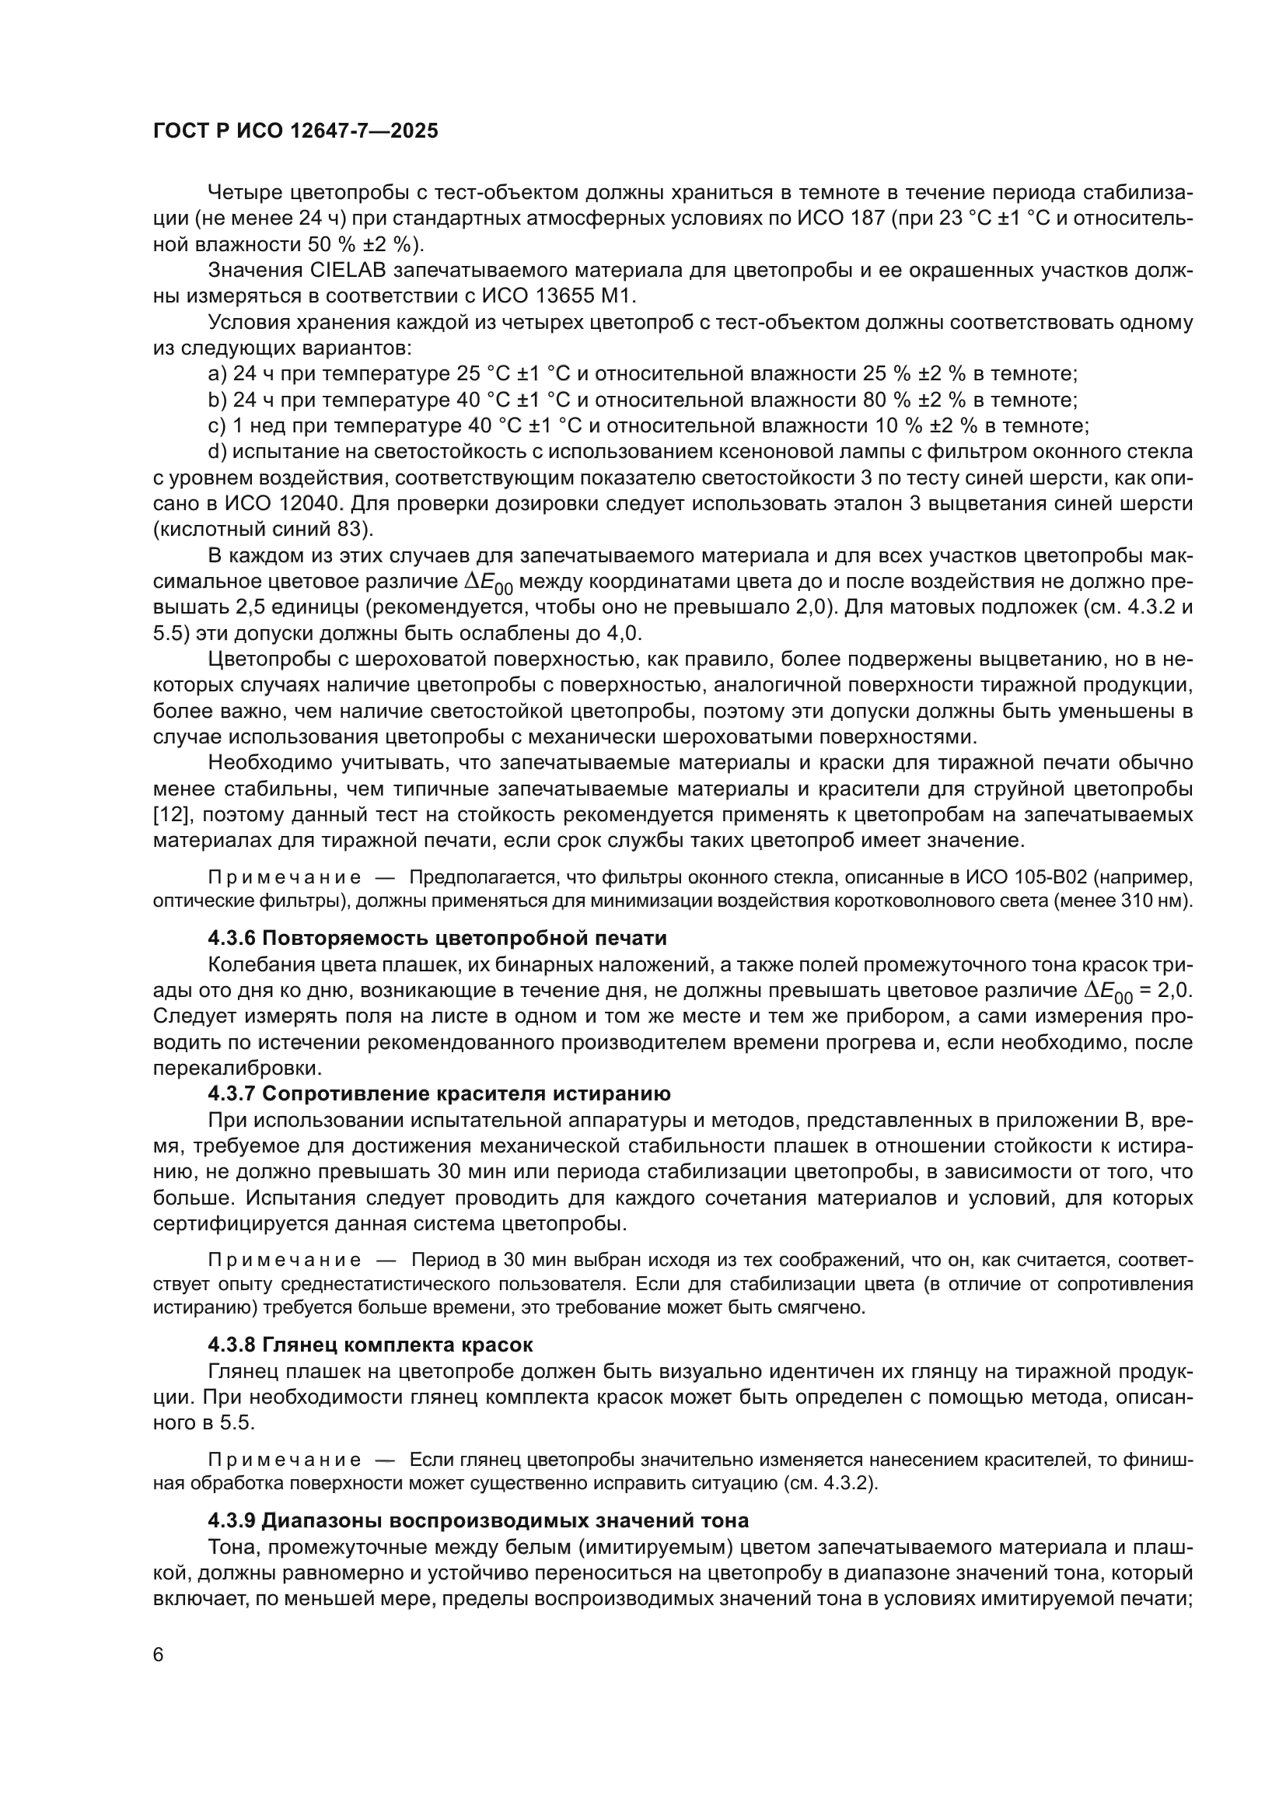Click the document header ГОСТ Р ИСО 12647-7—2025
[295, 131]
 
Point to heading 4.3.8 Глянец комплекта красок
[370, 1345]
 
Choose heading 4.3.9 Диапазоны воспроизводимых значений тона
[478, 1521]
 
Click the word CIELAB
[345, 271]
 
